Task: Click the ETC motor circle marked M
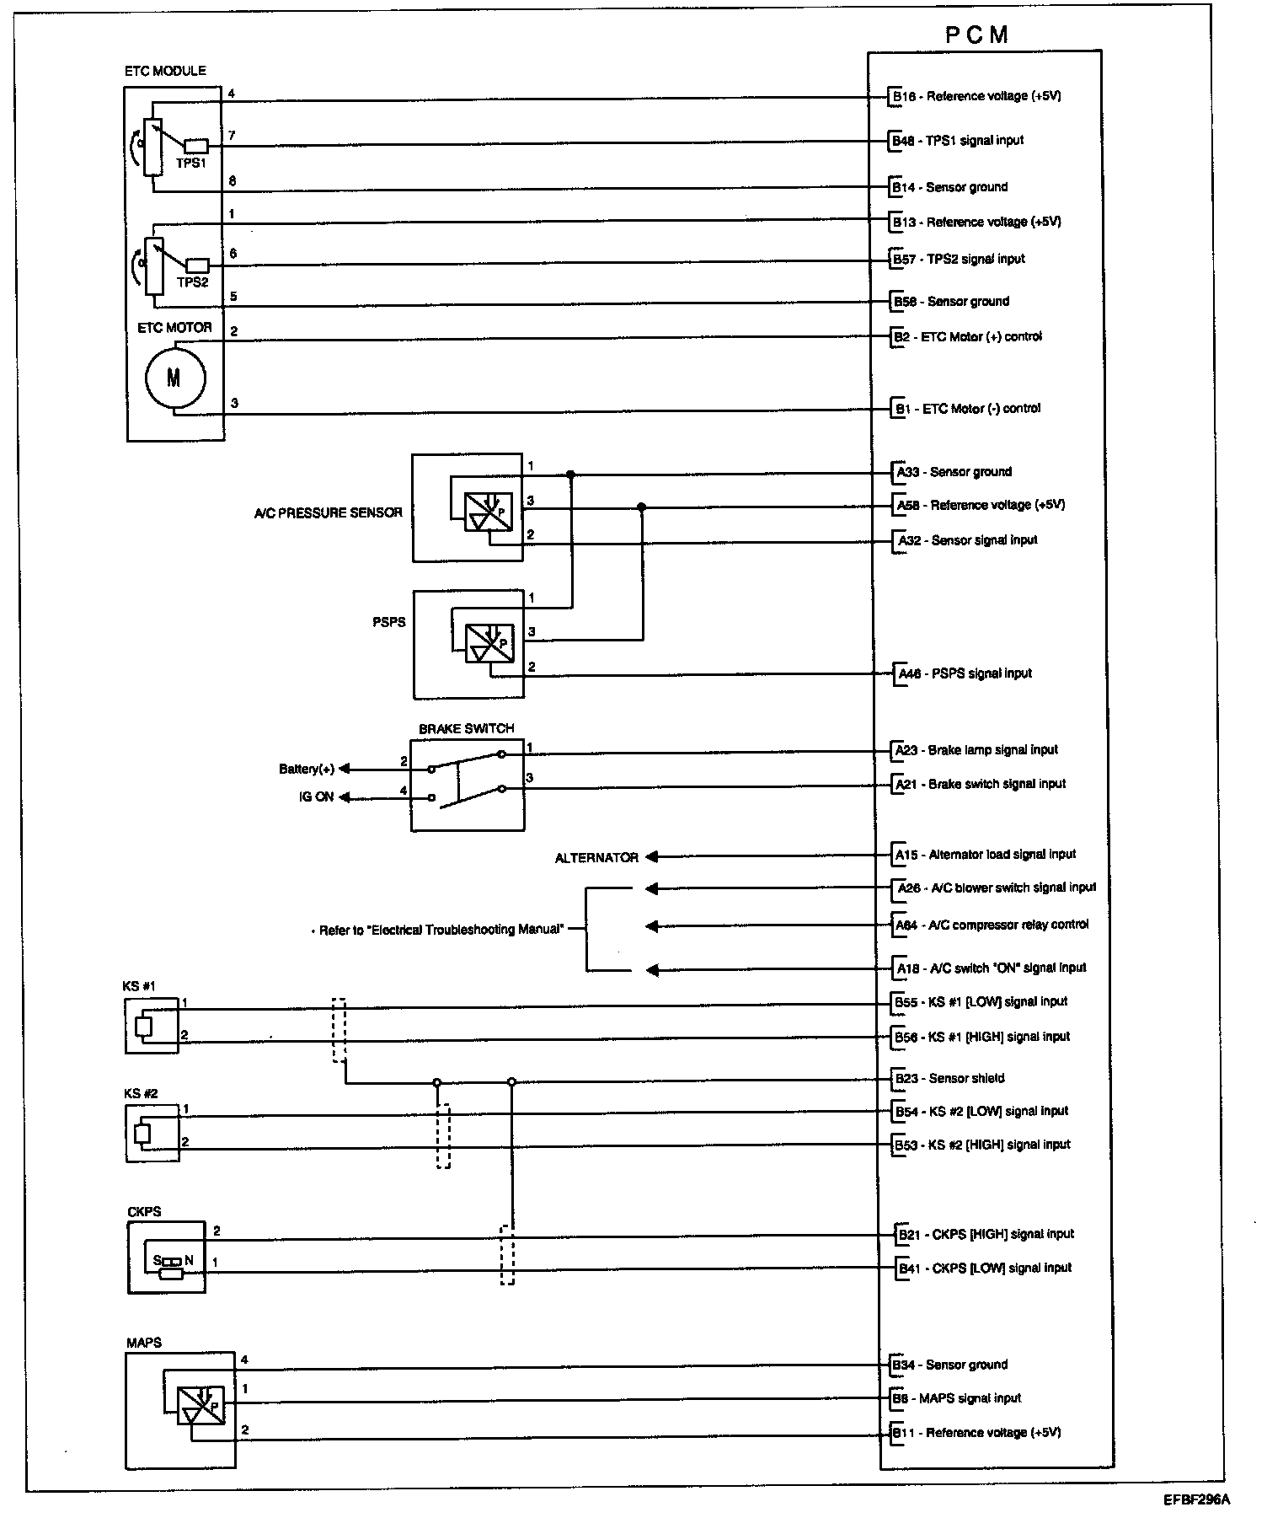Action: coord(174,378)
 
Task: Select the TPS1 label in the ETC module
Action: coord(192,164)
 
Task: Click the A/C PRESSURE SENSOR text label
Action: coord(328,512)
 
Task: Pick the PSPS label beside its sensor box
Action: coord(388,622)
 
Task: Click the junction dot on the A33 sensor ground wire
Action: coord(571,475)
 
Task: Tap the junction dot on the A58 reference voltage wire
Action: coord(642,507)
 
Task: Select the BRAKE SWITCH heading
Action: coord(466,728)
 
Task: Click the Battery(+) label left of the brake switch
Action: coord(307,769)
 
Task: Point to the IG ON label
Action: coord(316,796)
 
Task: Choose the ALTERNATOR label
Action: coord(596,858)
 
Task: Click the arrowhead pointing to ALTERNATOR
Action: coord(652,857)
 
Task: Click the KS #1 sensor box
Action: coord(152,1026)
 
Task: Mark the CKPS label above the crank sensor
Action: coord(144,1212)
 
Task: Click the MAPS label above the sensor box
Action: coord(143,1343)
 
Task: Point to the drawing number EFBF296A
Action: coord(1196,1499)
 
